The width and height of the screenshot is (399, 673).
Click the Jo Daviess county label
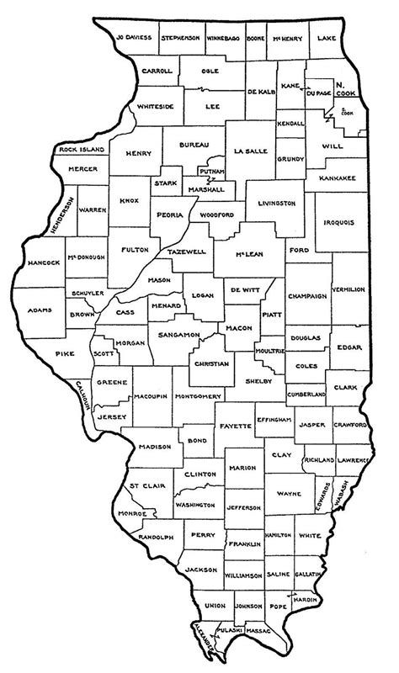click(134, 38)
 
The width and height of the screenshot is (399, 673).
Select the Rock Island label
click(81, 149)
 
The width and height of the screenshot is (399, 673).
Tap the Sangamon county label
click(178, 335)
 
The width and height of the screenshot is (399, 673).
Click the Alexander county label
click(199, 632)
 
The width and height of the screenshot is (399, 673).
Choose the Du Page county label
click(315, 94)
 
